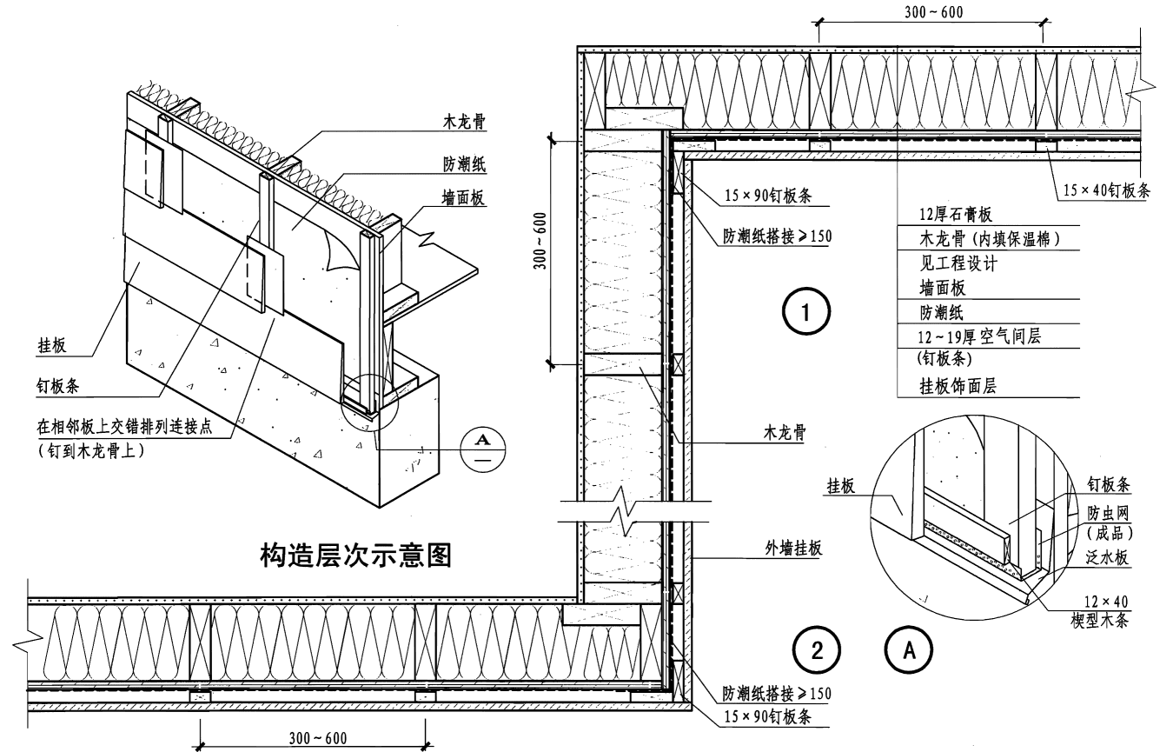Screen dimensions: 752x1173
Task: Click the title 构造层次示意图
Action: [x=356, y=554]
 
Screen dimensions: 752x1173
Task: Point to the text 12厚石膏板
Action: [x=956, y=214]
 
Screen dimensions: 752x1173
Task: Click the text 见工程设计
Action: [x=958, y=263]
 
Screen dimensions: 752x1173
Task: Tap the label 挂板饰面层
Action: [x=957, y=386]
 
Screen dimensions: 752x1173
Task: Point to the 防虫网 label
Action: [x=1108, y=515]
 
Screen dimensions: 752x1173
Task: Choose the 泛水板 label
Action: [x=1108, y=558]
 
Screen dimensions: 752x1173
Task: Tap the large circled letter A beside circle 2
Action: [x=908, y=649]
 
